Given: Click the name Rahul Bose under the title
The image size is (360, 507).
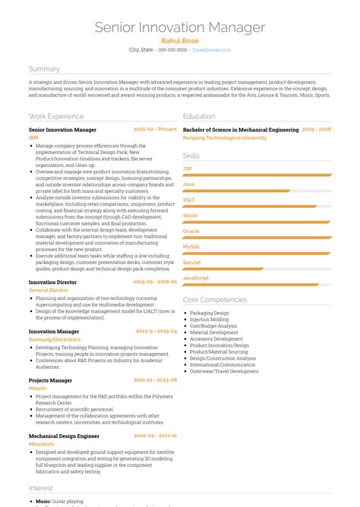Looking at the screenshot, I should (180, 40).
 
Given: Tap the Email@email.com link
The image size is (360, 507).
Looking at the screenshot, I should (211, 49).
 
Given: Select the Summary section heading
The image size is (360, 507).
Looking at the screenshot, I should (44, 68).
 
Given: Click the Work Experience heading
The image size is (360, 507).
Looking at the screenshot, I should (56, 116).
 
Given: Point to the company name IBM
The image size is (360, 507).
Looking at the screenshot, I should (33, 138).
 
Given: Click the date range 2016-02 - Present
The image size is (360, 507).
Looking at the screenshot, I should (155, 130).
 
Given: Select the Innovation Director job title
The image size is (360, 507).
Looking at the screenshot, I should (52, 282).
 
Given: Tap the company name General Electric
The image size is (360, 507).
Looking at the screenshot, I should (48, 290).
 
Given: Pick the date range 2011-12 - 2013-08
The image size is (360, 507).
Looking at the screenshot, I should (155, 379).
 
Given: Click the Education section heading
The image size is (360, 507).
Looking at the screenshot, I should (199, 116).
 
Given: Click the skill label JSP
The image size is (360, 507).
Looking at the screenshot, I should (188, 168).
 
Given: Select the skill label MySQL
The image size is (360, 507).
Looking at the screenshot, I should (191, 247).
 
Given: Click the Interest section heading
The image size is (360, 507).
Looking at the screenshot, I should (41, 487).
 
